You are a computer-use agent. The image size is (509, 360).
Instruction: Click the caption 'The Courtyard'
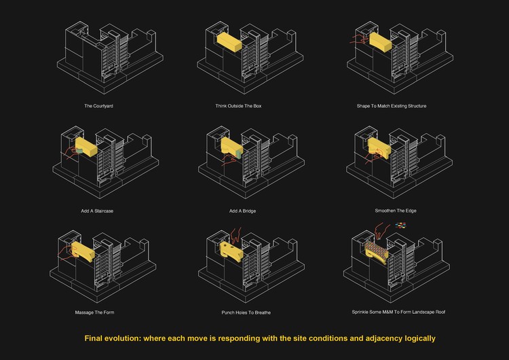point(98,106)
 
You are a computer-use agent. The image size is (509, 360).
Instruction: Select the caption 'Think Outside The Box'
point(238,106)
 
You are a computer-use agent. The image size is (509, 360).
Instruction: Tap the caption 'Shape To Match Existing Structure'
point(392,106)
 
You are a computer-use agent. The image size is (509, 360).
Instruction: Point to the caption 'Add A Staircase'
point(97,211)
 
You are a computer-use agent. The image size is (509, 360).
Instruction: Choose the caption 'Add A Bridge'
point(242,211)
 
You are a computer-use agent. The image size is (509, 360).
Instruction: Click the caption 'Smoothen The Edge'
point(396,211)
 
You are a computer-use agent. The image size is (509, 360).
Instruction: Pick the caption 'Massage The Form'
point(94,312)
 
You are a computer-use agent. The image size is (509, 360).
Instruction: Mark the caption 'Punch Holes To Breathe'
point(246,312)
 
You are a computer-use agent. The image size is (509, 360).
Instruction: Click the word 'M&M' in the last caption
point(388,312)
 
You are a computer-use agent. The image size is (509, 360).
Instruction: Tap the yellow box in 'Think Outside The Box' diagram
point(229,42)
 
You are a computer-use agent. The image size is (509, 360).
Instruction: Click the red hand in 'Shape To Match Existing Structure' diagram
point(359,39)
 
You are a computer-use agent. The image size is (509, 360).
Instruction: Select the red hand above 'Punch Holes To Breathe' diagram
point(236,235)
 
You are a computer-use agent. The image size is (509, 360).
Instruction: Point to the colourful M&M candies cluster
point(401,225)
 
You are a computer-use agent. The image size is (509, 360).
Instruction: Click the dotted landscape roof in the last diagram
point(376,249)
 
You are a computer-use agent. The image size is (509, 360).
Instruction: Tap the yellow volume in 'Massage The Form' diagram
point(83,251)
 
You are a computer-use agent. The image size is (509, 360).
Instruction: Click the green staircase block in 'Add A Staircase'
point(79,151)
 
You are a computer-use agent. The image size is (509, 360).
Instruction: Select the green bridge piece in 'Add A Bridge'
point(239,154)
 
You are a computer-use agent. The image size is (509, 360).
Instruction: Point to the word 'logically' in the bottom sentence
point(419,338)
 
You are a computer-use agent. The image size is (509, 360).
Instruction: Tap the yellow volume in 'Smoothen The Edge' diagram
point(380,148)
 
